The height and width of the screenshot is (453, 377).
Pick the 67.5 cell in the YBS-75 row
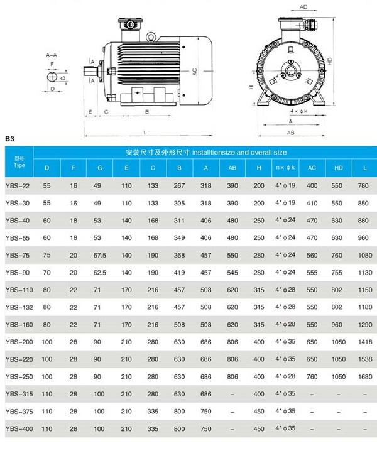[x=99, y=256]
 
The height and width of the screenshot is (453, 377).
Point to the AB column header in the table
[x=232, y=168]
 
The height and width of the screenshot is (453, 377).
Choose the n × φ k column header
[x=283, y=168]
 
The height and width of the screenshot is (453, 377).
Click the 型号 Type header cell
[x=19, y=163]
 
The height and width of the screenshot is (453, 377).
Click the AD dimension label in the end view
[x=303, y=7]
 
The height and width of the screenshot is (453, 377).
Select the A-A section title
[x=52, y=56]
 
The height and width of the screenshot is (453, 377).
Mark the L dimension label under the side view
[x=145, y=133]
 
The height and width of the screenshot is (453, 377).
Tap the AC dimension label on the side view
[x=195, y=73]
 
